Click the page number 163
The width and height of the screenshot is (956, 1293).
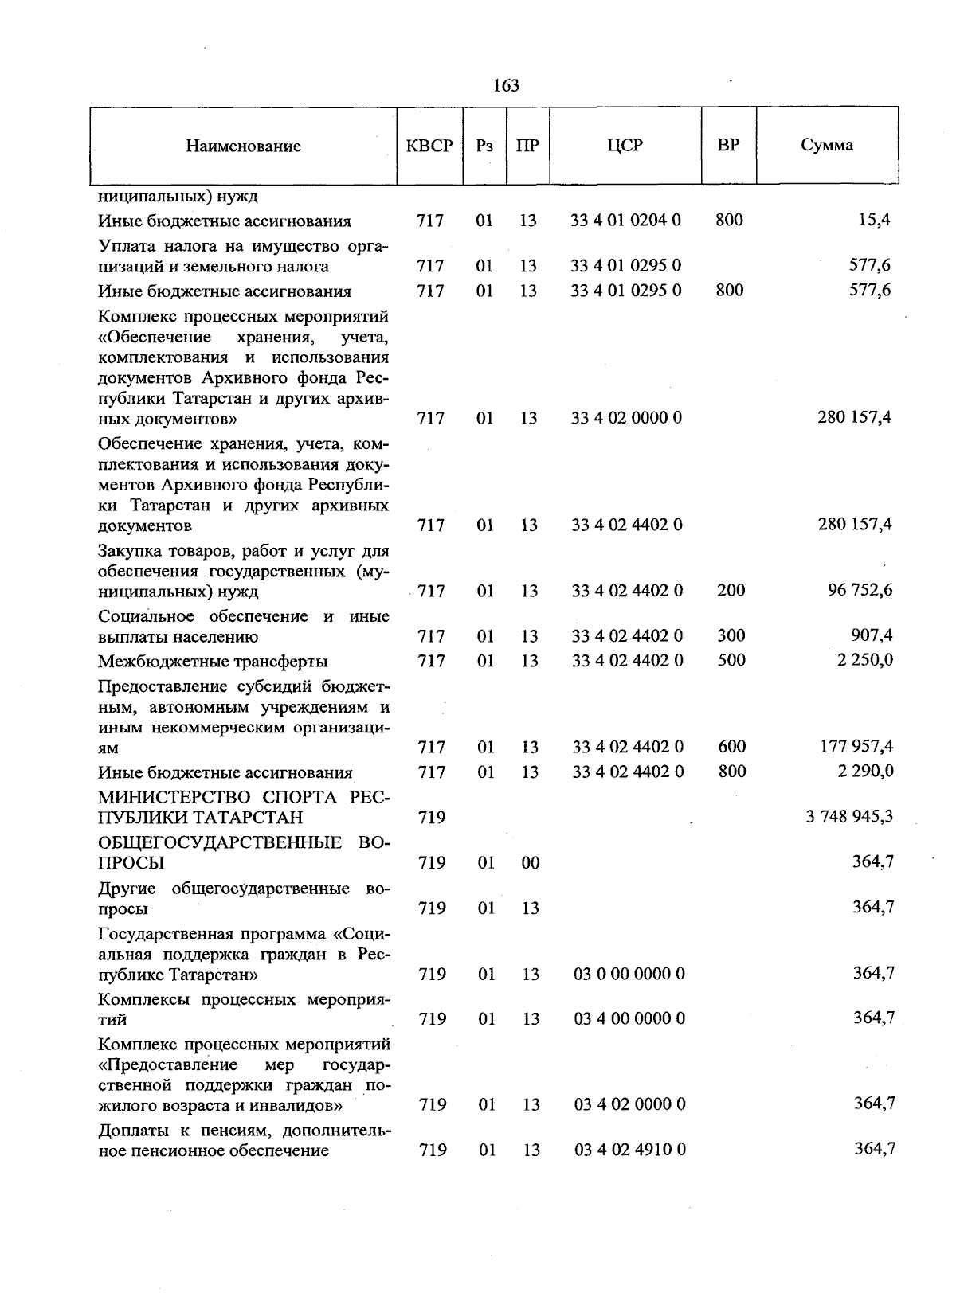(x=506, y=85)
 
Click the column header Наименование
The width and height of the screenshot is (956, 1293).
(x=244, y=146)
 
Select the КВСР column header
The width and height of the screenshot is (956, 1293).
(x=429, y=146)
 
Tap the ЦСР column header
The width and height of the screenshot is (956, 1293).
(x=625, y=145)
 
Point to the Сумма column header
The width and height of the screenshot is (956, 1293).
(x=827, y=145)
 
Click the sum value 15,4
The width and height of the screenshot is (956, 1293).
(x=874, y=220)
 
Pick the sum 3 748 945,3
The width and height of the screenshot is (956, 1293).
(x=849, y=817)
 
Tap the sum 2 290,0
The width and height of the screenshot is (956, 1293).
(x=864, y=771)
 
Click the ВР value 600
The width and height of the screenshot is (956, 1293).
(x=731, y=746)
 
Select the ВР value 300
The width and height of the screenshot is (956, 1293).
(x=731, y=635)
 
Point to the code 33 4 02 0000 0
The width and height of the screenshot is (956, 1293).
(x=626, y=418)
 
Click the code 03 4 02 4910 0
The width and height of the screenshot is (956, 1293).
(x=629, y=1150)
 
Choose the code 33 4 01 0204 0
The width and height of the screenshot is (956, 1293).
(x=625, y=220)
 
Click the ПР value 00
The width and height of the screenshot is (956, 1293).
(x=530, y=863)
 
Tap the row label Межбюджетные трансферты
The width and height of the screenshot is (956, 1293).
(x=213, y=662)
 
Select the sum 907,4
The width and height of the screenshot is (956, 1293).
(x=872, y=635)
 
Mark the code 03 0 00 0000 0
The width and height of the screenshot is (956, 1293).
(x=629, y=974)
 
